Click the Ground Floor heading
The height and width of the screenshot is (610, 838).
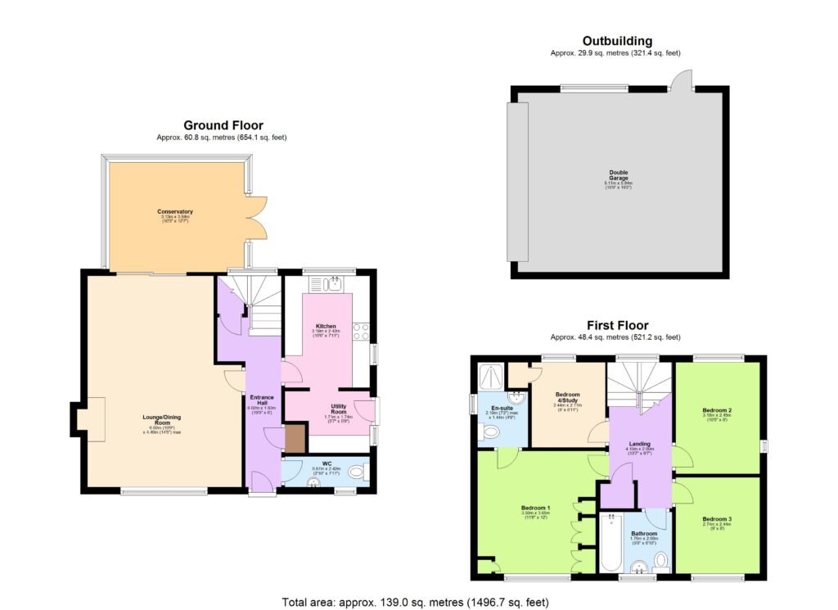tap(223, 125)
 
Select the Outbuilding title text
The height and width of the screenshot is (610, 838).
tap(617, 41)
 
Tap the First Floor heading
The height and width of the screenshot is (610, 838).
tap(616, 326)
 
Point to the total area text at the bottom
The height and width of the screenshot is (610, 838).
tap(417, 601)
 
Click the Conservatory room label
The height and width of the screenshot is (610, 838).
tap(175, 212)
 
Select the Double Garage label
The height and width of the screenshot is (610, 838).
tap(618, 175)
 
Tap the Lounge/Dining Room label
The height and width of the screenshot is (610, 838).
tap(161, 419)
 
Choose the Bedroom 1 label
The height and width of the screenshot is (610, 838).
tap(535, 508)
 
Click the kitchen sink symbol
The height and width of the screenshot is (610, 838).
tap(332, 285)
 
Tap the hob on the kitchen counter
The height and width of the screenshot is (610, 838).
tap(361, 332)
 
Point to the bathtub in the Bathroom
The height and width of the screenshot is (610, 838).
tap(610, 542)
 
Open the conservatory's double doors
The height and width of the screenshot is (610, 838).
tap(255, 216)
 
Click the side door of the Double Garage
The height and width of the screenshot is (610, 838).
tap(681, 79)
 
